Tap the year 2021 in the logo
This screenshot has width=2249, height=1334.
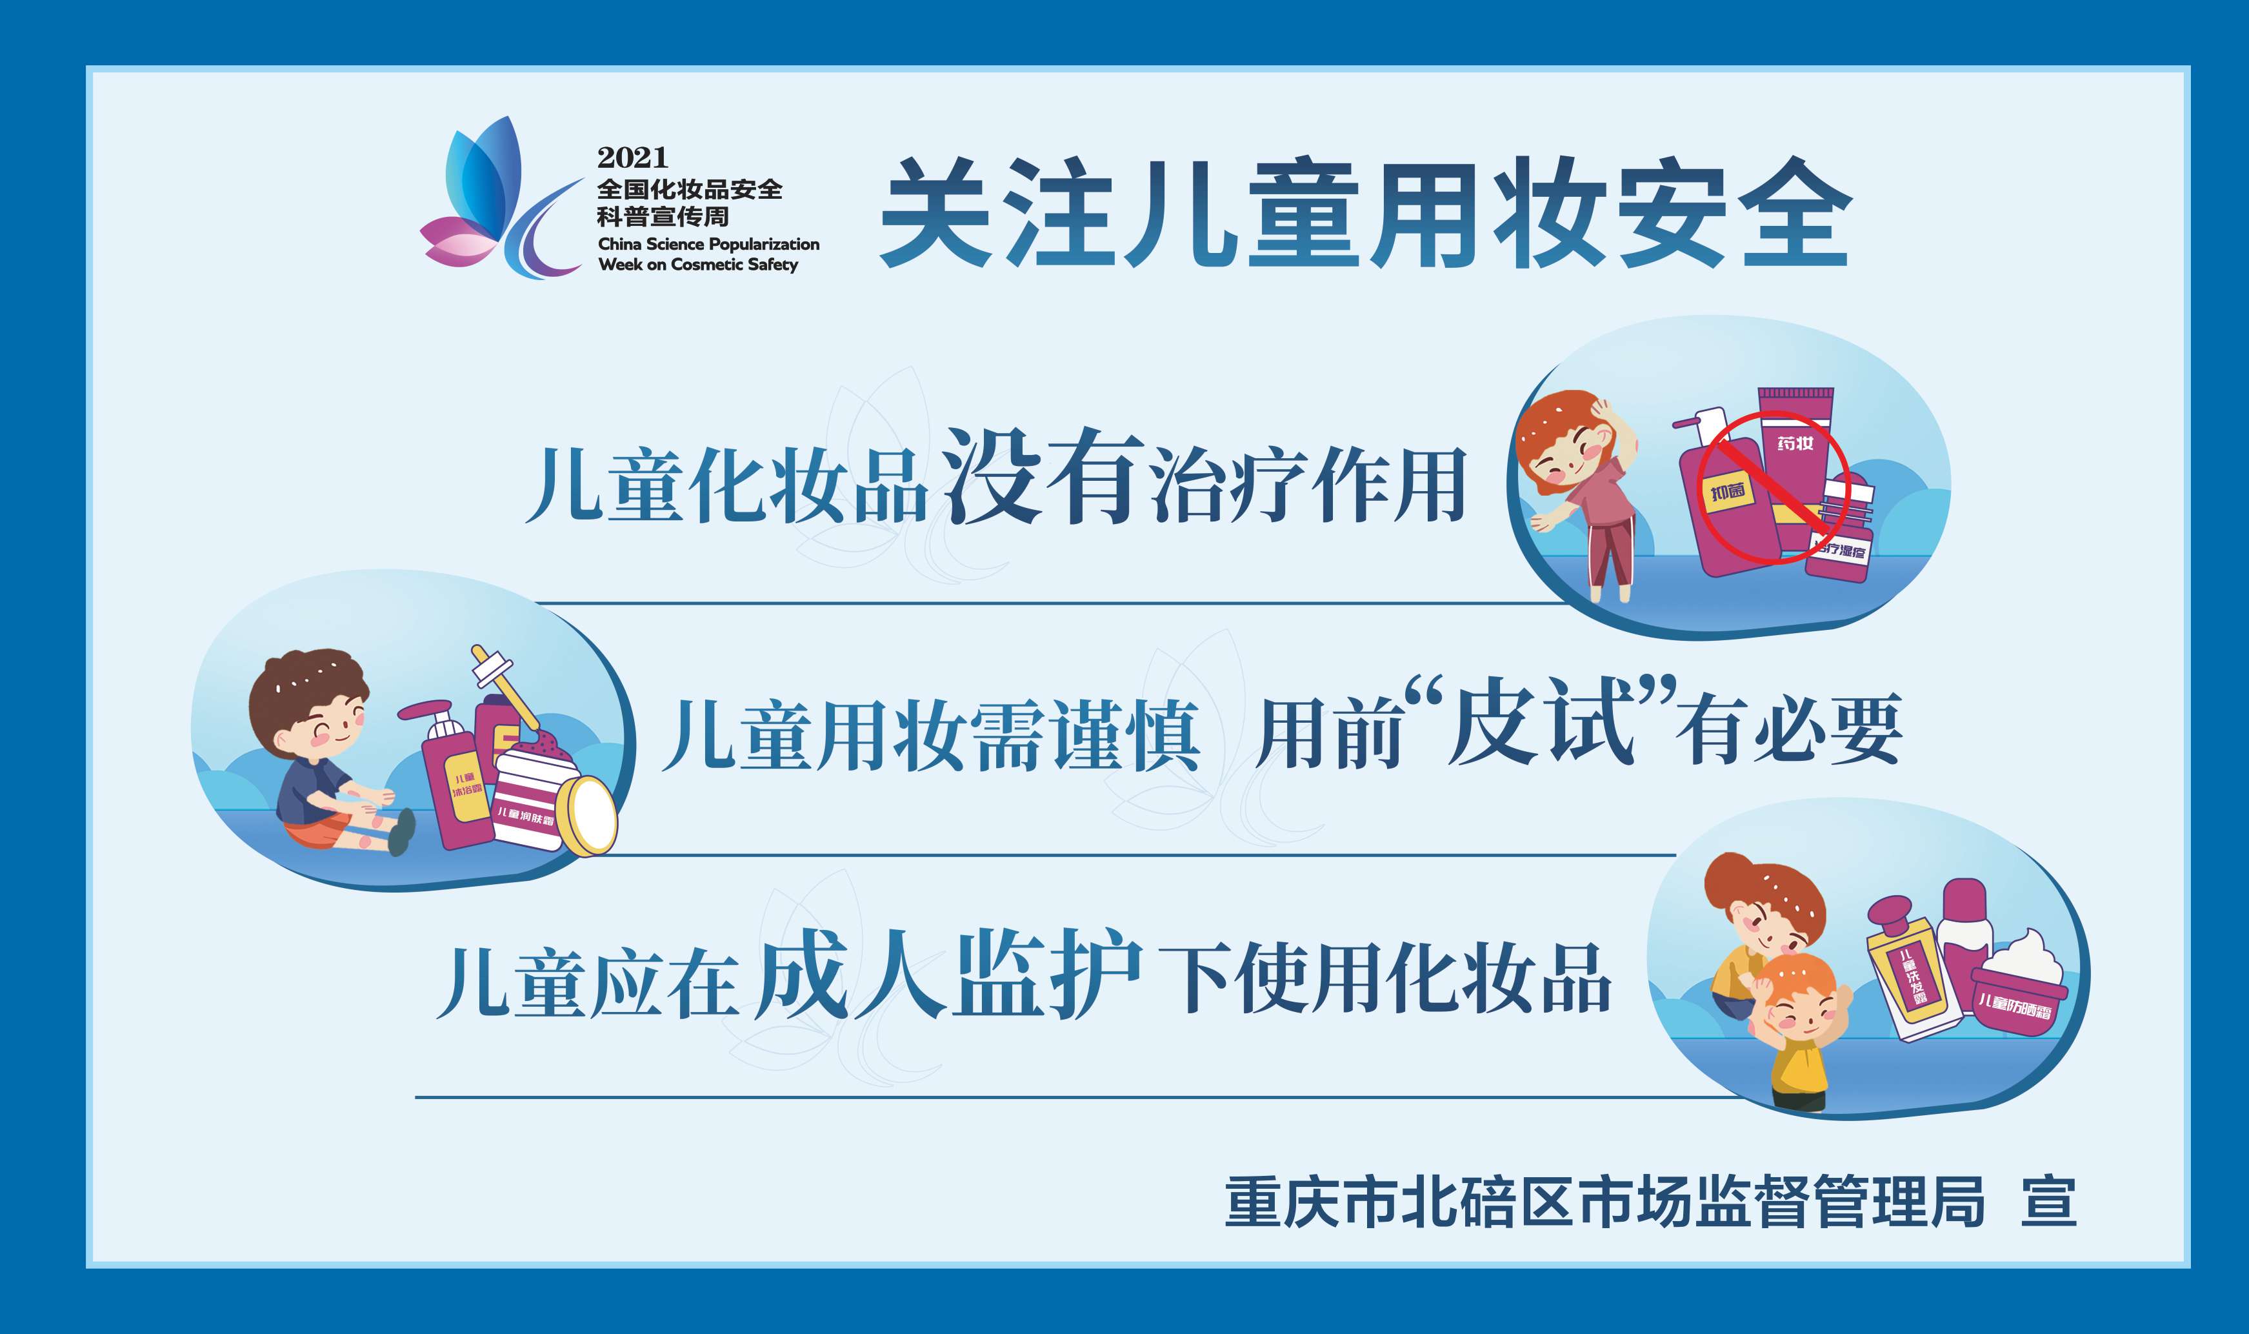tap(632, 157)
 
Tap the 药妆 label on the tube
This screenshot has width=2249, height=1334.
tap(1794, 443)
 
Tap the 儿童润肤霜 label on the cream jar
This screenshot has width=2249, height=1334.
tap(526, 817)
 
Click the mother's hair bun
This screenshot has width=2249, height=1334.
tap(1729, 877)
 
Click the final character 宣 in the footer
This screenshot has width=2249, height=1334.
tap(2048, 1202)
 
